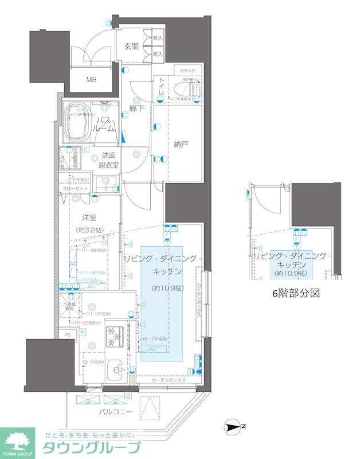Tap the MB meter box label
(92, 80)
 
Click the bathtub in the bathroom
(77, 124)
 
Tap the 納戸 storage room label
(181, 144)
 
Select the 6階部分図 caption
(295, 293)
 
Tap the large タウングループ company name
(92, 449)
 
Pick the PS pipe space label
(67, 333)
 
